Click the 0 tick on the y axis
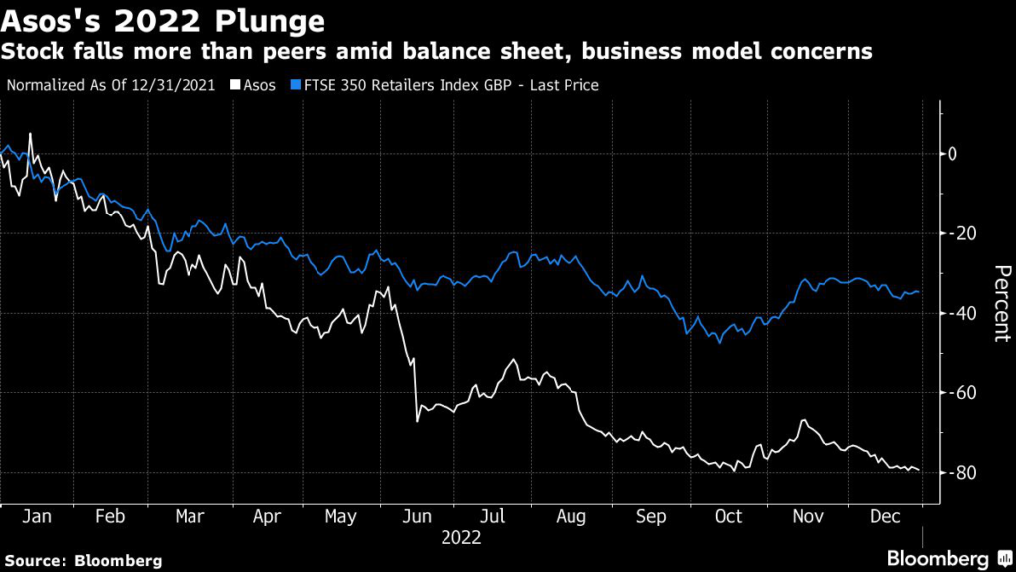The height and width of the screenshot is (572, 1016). click(x=952, y=154)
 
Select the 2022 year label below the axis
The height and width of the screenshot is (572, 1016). click(x=462, y=538)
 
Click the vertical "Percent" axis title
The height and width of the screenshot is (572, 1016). click(x=1001, y=304)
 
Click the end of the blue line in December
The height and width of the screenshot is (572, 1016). click(x=918, y=292)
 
